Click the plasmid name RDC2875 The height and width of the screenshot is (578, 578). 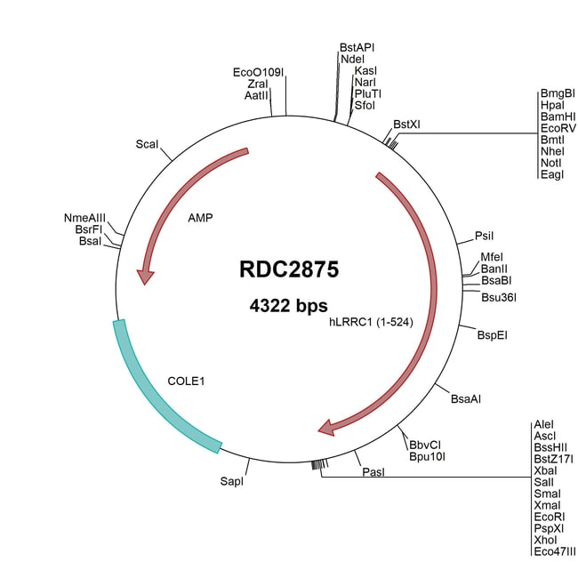289,269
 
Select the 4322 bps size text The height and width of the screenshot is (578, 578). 289,306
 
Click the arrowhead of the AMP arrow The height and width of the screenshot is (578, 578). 145,277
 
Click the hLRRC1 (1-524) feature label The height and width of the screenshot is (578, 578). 371,322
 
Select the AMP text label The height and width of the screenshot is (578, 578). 200,218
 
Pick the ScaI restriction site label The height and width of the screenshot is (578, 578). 147,144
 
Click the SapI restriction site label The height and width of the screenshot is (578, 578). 231,481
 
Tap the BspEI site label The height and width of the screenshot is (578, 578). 492,335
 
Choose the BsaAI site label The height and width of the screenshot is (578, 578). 466,399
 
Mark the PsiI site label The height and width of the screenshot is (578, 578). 484,236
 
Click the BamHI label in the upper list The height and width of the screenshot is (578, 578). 558,116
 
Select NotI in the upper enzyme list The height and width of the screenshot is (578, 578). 551,163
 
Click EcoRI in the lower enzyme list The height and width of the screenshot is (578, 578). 550,517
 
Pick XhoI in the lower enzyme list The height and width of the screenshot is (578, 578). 546,540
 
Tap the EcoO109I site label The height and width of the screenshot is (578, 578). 258,72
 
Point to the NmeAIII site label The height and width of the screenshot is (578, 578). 84,218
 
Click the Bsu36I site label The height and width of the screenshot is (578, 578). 499,298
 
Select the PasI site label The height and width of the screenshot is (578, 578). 373,472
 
